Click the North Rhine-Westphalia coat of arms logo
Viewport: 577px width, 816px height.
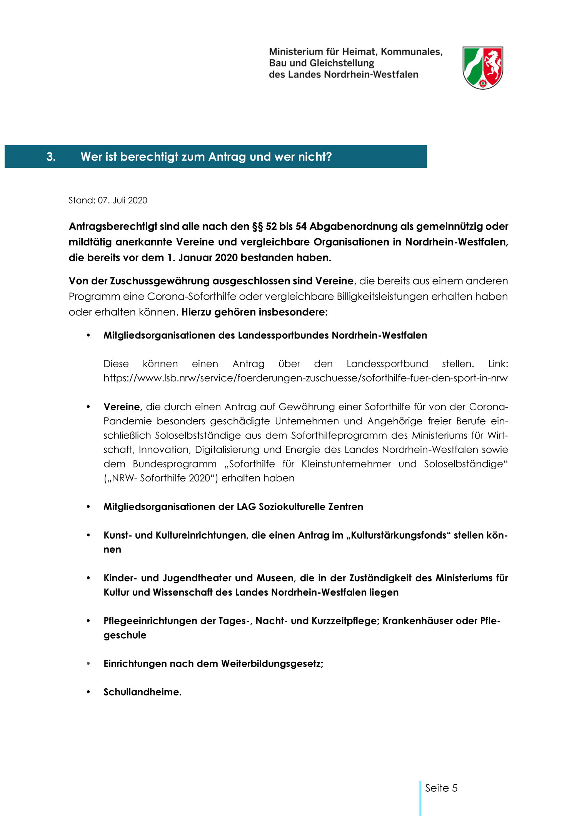[x=482, y=68]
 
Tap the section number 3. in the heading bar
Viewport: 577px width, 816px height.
[x=51, y=157]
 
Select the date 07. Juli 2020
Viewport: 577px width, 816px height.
[x=122, y=200]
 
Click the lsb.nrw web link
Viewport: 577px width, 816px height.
[x=305, y=378]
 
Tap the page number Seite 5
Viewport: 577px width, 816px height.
[x=441, y=788]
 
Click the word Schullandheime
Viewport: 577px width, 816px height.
[x=142, y=692]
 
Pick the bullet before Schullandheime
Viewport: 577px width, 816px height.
[x=88, y=692]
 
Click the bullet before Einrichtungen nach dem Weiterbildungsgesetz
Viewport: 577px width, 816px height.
[x=88, y=664]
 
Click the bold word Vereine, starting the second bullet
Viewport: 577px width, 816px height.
[x=123, y=407]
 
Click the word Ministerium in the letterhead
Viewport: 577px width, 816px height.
[x=296, y=52]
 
